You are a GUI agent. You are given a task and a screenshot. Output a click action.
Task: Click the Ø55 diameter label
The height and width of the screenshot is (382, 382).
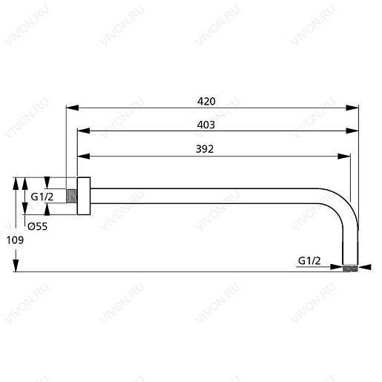(x=37, y=227)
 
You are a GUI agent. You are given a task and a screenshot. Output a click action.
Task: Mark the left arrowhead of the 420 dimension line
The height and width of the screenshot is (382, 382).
(x=70, y=107)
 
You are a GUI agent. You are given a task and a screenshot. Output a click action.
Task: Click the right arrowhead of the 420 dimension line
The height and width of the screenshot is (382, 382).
(x=355, y=107)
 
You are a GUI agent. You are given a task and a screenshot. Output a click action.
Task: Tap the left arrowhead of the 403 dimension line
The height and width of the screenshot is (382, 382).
(x=82, y=131)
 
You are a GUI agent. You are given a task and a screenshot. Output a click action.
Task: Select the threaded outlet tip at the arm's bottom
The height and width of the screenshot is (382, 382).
(x=352, y=265)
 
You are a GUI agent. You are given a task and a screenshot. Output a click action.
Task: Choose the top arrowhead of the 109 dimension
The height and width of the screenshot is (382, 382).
(x=16, y=182)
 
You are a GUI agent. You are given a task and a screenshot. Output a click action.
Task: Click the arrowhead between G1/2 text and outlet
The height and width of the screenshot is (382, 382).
(x=340, y=267)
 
